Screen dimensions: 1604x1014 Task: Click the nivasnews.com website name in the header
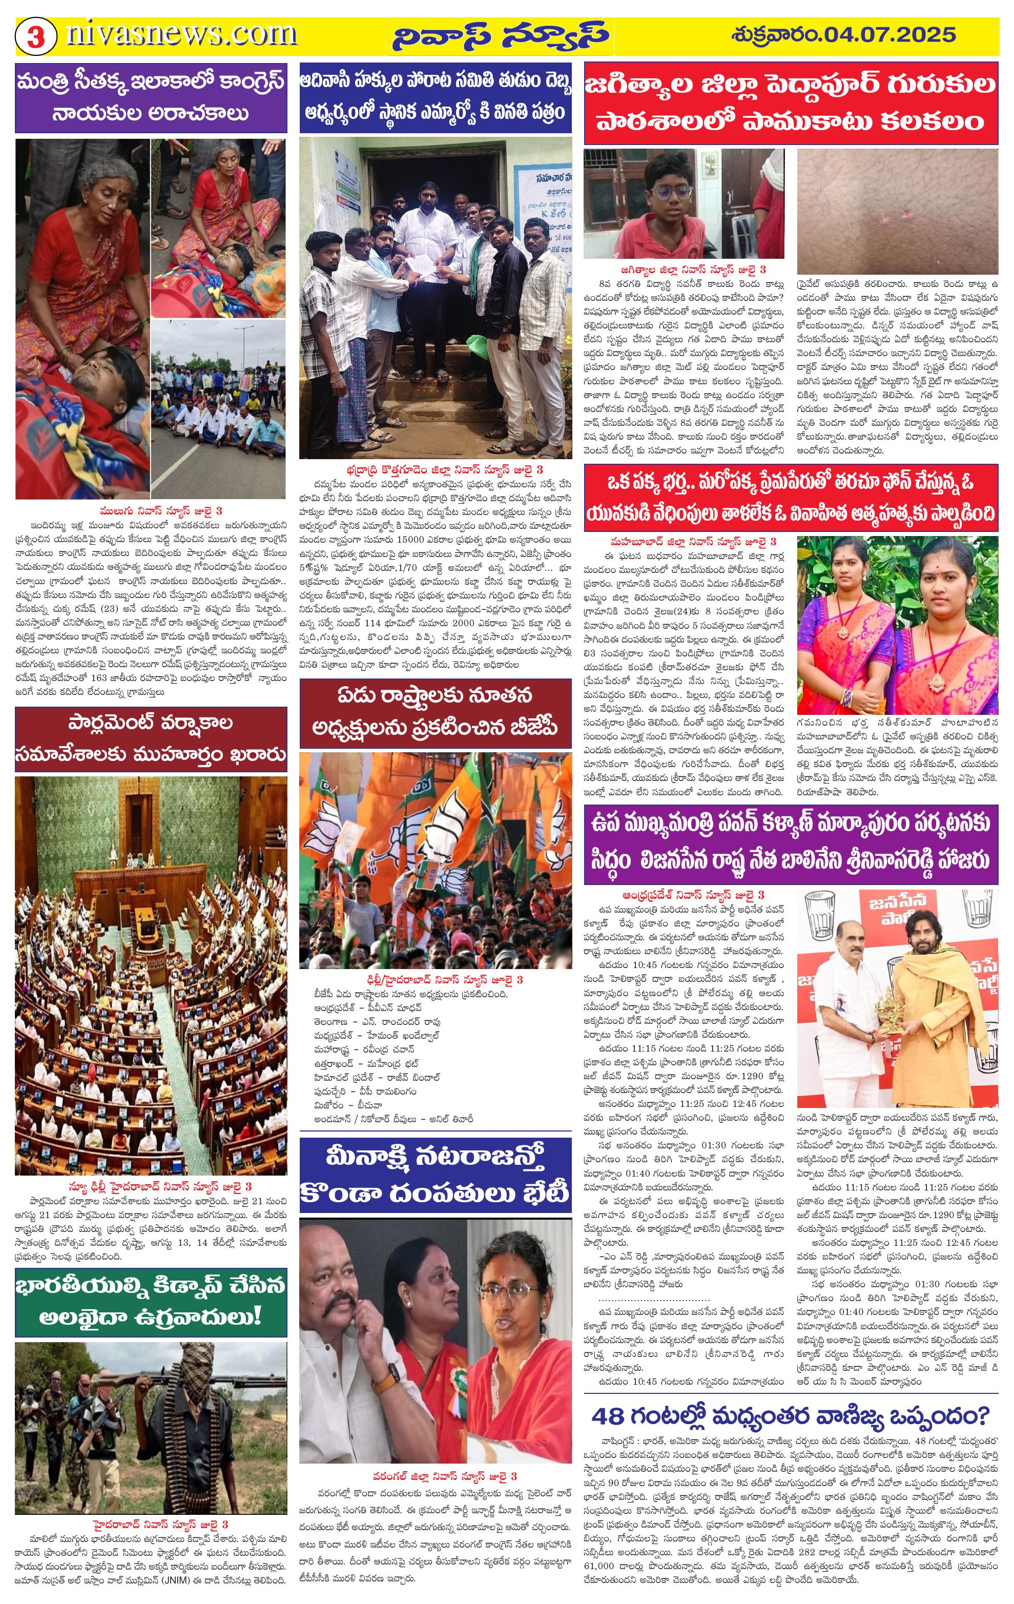click(x=181, y=33)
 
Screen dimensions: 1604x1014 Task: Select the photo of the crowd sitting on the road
click(x=218, y=409)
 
